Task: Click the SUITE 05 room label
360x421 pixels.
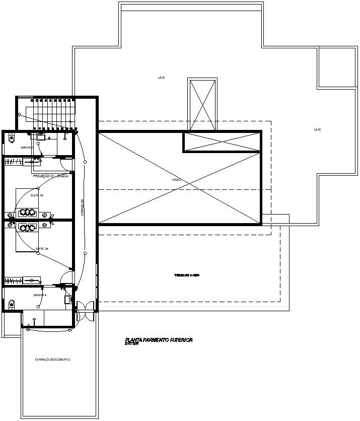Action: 37,195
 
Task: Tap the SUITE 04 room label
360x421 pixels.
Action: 42,249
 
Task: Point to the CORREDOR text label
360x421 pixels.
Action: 83,207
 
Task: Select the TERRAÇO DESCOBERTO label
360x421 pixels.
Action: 52,360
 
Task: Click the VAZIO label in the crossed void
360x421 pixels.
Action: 176,180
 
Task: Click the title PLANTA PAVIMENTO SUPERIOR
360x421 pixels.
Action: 159,340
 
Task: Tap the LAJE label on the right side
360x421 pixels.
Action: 317,129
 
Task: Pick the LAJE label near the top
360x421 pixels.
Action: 162,78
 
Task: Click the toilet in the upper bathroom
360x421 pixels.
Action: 12,137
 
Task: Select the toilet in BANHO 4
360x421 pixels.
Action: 12,303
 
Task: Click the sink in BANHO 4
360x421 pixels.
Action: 67,300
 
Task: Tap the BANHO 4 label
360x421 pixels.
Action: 40,295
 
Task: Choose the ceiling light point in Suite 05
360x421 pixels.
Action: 38,210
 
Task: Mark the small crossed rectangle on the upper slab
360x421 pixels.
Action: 202,104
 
